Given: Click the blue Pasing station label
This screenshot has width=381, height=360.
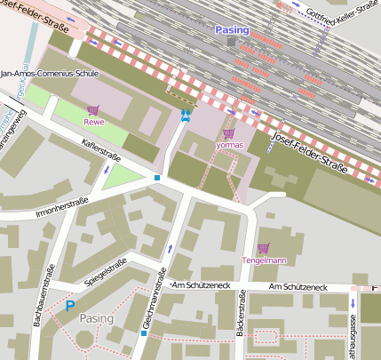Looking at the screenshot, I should pos(232,29).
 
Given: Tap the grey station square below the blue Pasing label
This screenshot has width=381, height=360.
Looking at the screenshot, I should pos(232,42).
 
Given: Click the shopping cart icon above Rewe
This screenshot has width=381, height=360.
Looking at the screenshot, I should pos(92,110).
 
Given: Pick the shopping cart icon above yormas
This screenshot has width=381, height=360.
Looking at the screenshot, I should pos(228,132).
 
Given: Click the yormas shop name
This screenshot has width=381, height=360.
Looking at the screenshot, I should pos(229,144).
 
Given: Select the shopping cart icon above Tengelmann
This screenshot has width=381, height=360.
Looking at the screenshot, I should pos(262,248).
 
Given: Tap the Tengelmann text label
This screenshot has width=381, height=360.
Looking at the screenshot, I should pos(263,260).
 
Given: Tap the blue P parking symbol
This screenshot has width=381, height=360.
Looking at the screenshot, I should pos(69,307).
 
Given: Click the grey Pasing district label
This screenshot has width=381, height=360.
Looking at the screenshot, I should pos(97,317).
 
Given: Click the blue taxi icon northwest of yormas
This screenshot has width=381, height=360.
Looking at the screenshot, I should pos(185,116).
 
